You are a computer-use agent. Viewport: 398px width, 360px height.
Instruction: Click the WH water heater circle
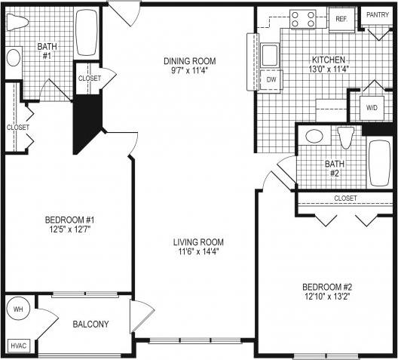tap(18, 309)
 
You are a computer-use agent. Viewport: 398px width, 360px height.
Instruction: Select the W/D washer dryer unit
tap(372, 108)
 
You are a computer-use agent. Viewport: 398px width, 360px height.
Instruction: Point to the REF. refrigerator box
tap(341, 19)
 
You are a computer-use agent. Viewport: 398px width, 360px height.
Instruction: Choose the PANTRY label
tap(377, 14)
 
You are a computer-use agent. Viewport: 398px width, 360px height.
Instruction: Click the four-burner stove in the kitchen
tap(303, 19)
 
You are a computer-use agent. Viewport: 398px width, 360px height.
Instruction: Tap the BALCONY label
tap(90, 325)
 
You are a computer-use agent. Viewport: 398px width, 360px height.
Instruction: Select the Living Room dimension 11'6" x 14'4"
tap(198, 254)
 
